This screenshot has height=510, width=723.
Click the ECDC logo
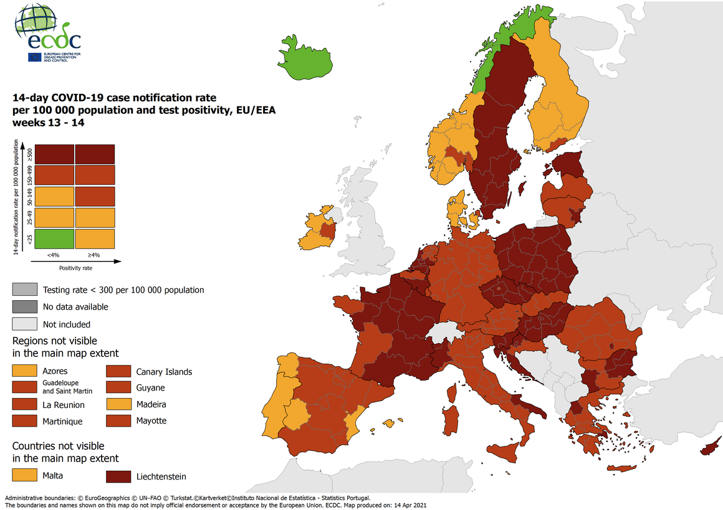click(x=49, y=35)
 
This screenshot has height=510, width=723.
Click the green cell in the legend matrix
click(x=55, y=238)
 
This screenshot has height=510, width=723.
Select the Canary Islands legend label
click(x=164, y=372)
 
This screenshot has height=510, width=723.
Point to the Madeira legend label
click(x=151, y=404)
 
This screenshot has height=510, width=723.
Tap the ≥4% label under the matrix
click(x=94, y=255)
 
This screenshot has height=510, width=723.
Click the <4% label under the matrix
click(x=54, y=255)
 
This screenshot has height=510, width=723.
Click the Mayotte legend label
click(x=151, y=420)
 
